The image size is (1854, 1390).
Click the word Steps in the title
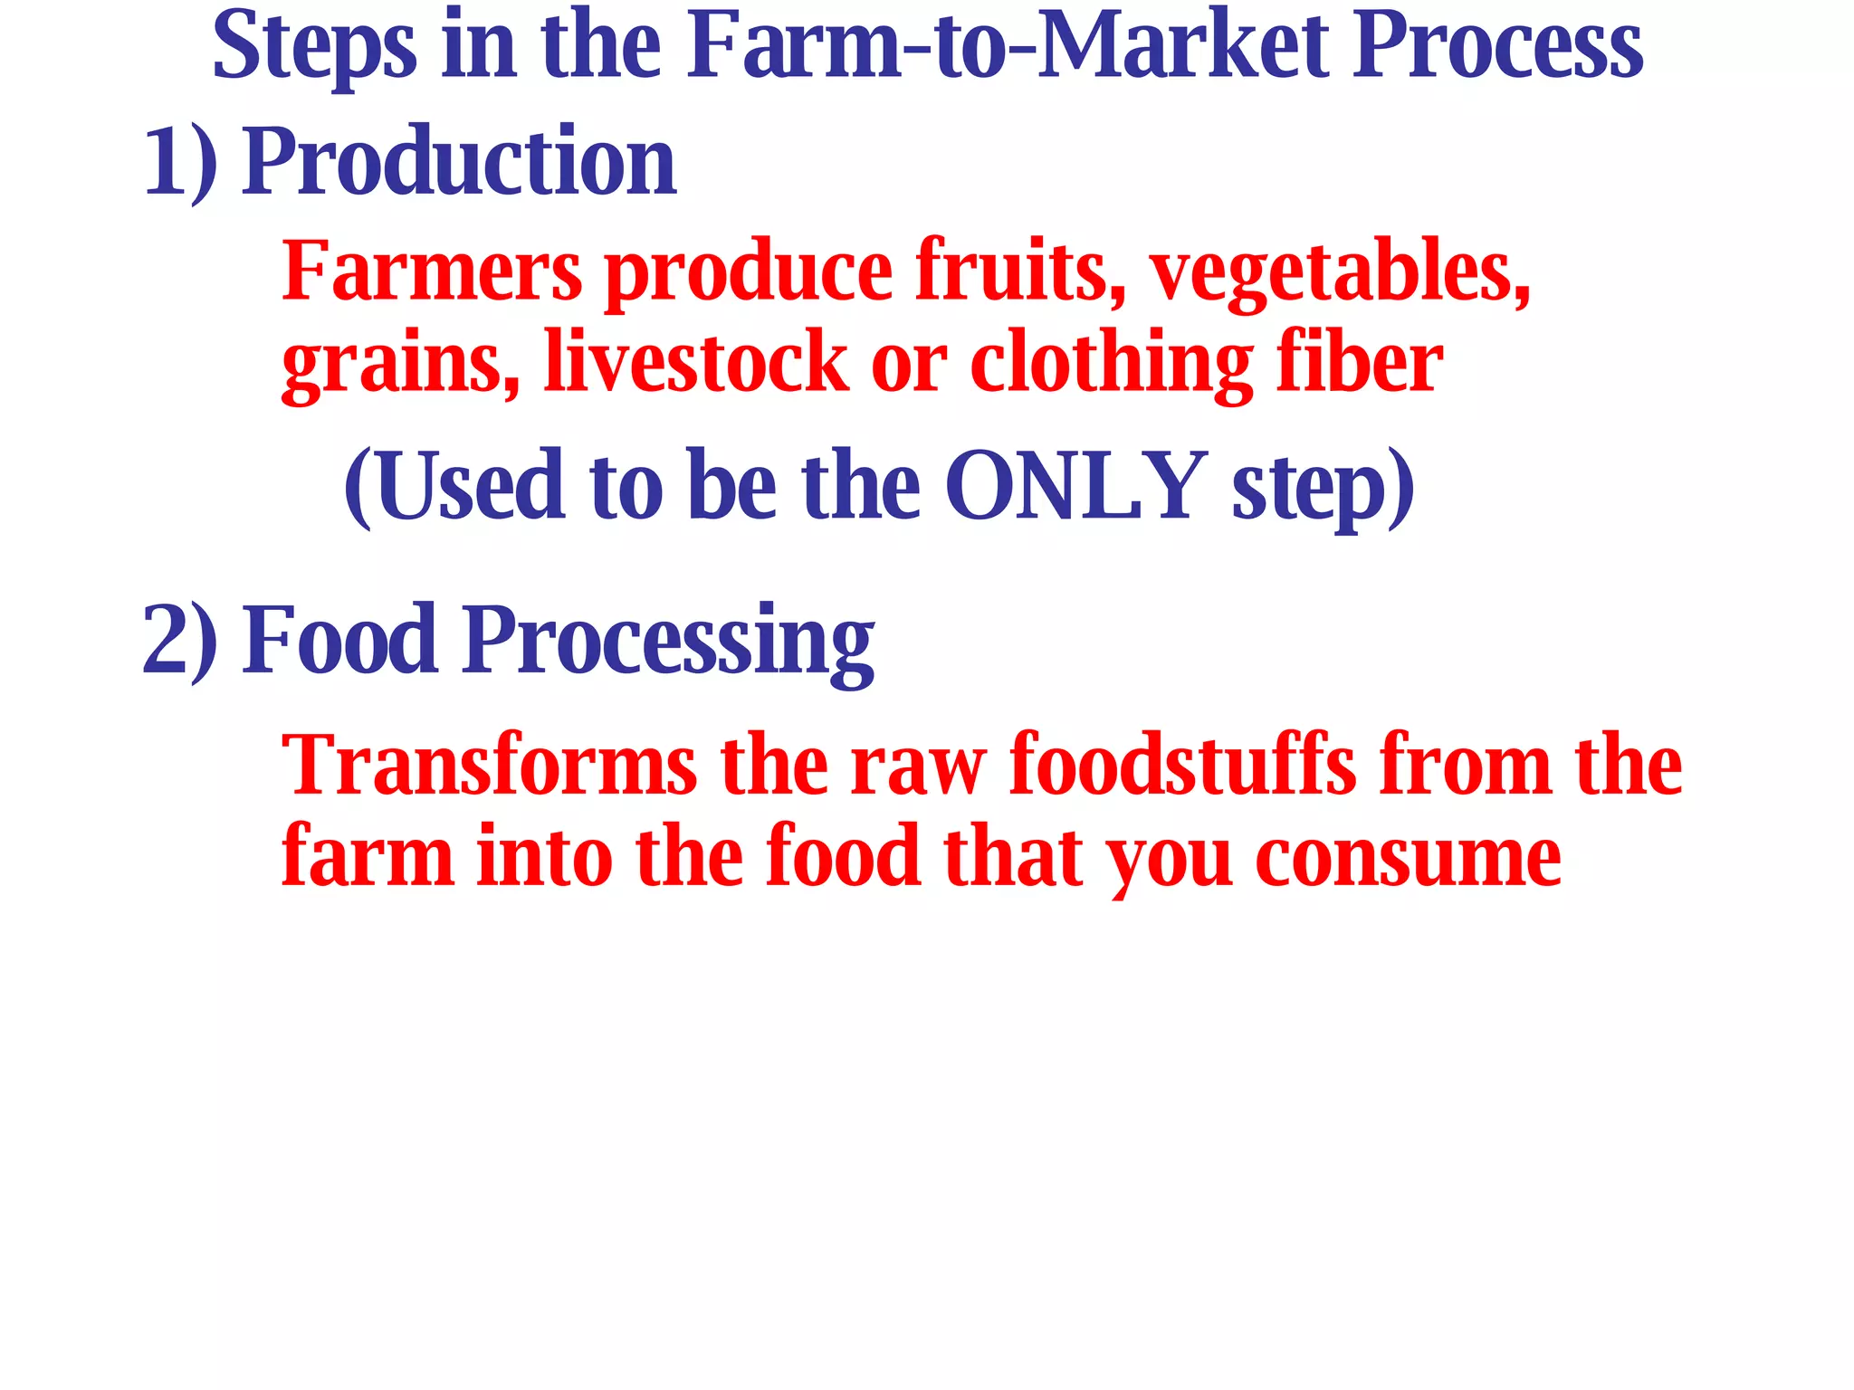(314, 47)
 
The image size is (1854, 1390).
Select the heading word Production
(459, 163)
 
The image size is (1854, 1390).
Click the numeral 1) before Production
(180, 163)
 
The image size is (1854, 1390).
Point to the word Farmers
(432, 271)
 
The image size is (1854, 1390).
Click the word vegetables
(1339, 272)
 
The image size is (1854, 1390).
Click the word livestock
(695, 362)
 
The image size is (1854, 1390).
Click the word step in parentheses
(1309, 489)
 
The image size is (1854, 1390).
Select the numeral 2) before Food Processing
(180, 641)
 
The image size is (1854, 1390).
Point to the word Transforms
(489, 766)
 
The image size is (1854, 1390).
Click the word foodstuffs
(1182, 766)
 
